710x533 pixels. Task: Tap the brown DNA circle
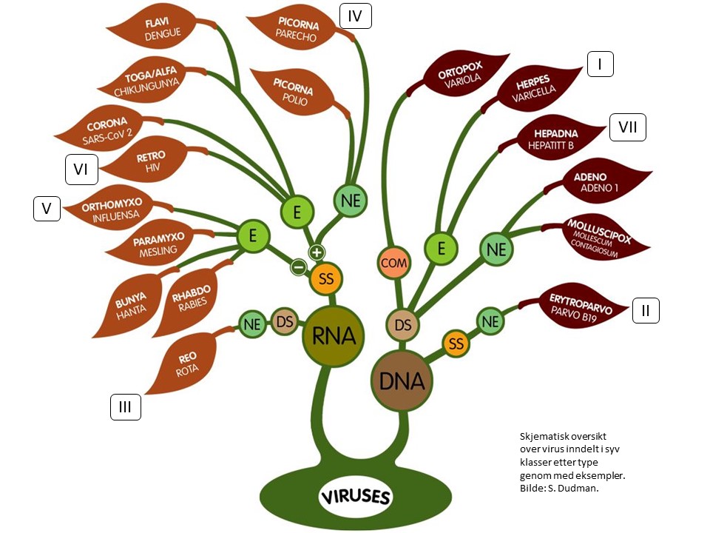point(402,381)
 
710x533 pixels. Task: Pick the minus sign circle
point(298,266)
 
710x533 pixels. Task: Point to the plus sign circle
point(317,252)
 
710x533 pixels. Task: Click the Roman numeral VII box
point(628,128)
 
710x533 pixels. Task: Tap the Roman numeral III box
point(126,406)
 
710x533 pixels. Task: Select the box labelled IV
point(355,15)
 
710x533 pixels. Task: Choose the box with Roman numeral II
point(645,311)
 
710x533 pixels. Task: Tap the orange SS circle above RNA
point(325,279)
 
